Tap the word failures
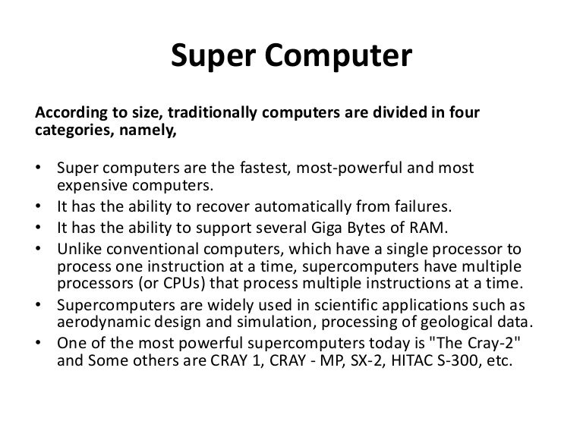(419, 205)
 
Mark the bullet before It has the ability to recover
(39, 205)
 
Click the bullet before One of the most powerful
(39, 342)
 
